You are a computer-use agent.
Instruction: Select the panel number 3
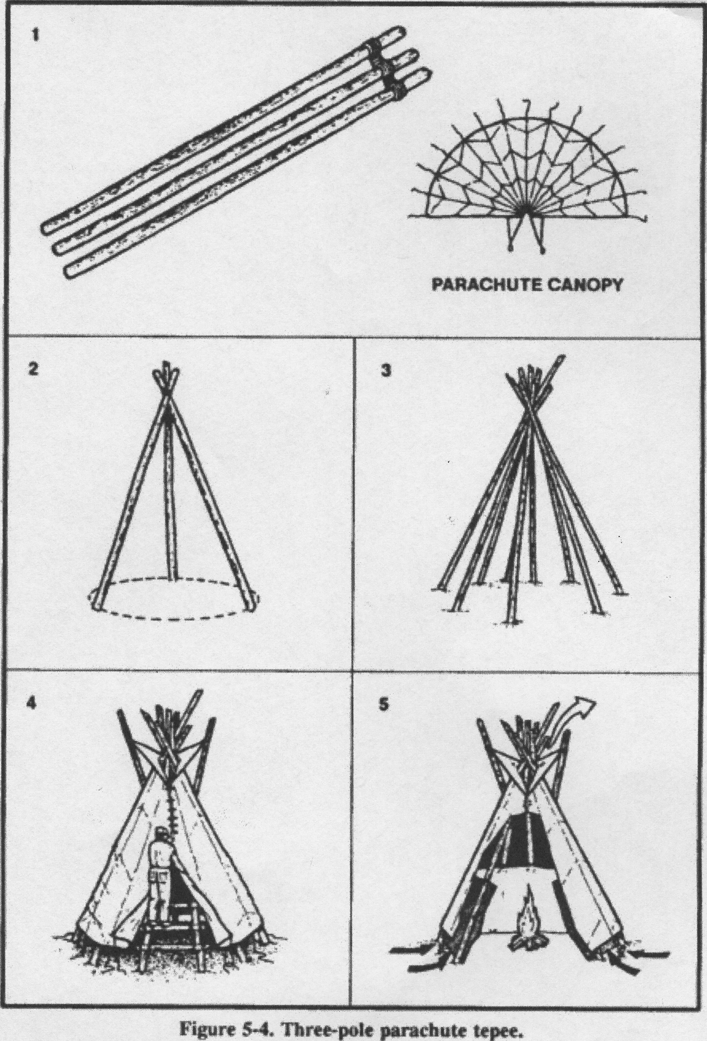click(x=386, y=371)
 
